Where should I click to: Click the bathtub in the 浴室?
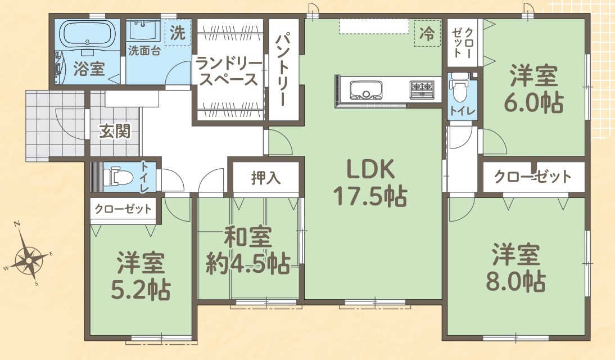(x=88, y=34)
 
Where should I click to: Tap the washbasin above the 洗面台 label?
(x=143, y=30)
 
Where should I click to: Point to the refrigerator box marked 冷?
(x=427, y=33)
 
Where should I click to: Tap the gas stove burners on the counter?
(x=422, y=89)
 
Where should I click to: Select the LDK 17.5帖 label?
(x=370, y=183)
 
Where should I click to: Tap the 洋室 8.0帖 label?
(x=515, y=267)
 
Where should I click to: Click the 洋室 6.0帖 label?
(x=533, y=89)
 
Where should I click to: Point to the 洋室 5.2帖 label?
(x=141, y=276)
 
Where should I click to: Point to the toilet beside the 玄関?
(x=117, y=176)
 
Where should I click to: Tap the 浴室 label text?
(x=89, y=69)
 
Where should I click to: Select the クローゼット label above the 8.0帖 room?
(x=532, y=177)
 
